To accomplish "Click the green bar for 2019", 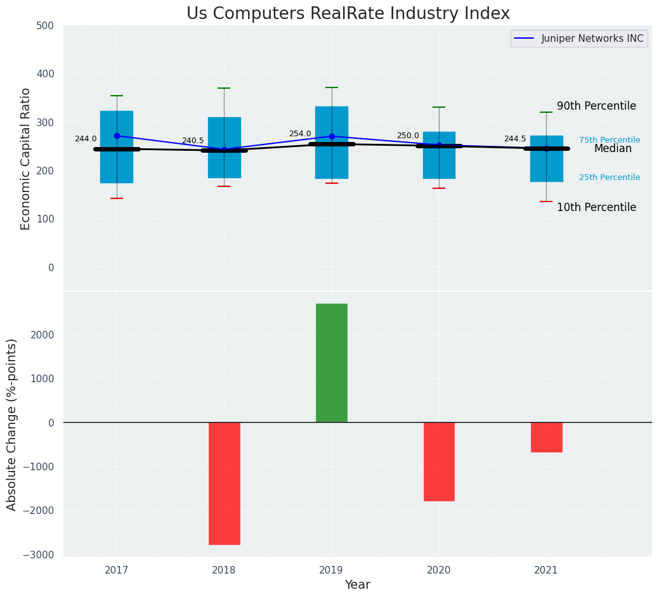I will point(331,363).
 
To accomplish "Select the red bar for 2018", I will point(224,483).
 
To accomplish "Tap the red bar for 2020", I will point(439,461).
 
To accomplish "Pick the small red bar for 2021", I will point(546,437).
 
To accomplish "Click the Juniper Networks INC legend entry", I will point(580,39).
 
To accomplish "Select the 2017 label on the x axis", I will point(117,570).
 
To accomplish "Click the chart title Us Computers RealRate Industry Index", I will point(348,14).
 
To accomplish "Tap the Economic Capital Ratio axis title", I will point(26,158).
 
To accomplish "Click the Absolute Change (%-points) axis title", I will point(12,424).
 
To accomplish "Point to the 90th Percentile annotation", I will point(596,106).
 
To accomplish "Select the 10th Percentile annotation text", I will point(596,208).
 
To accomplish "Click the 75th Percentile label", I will point(610,140).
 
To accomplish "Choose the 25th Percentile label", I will point(610,177).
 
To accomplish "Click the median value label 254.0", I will point(300,134).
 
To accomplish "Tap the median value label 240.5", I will point(193,141).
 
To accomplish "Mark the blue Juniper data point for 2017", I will point(117,136).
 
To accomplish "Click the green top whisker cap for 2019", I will point(332,87).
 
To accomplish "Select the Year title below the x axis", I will point(357,585).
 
